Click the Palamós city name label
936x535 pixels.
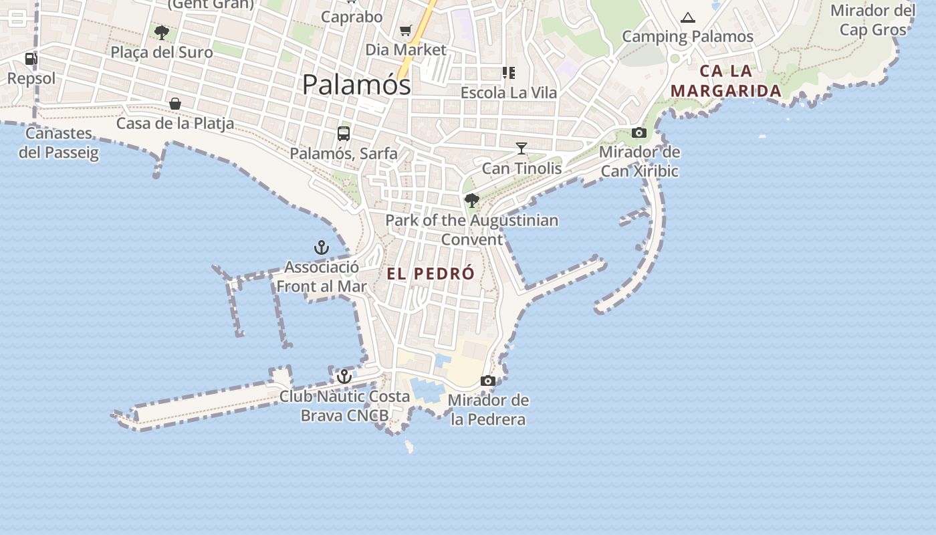[x=356, y=85]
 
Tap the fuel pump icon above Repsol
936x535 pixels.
[x=31, y=59]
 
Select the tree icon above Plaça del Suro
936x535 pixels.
[x=161, y=32]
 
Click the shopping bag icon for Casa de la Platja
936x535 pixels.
[x=175, y=104]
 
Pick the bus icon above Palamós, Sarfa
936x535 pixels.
[x=344, y=134]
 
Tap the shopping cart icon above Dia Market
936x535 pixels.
[x=405, y=31]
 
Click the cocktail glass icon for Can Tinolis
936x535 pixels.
[x=521, y=148]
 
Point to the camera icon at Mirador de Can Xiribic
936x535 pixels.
[x=639, y=132]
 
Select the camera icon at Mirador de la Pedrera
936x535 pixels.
[x=488, y=381]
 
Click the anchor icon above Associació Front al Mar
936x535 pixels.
[x=322, y=247]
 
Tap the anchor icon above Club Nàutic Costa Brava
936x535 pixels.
[x=344, y=377]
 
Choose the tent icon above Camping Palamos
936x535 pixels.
[x=688, y=17]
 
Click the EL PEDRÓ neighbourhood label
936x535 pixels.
[x=431, y=274]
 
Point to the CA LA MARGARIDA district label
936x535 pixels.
[x=726, y=81]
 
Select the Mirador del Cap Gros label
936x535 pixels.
[x=873, y=20]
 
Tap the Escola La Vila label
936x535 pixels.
[x=509, y=92]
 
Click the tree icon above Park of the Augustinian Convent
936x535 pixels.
[x=472, y=200]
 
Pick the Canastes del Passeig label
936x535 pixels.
[x=59, y=142]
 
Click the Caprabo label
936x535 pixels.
[x=352, y=17]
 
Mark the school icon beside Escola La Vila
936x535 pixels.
[x=509, y=72]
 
